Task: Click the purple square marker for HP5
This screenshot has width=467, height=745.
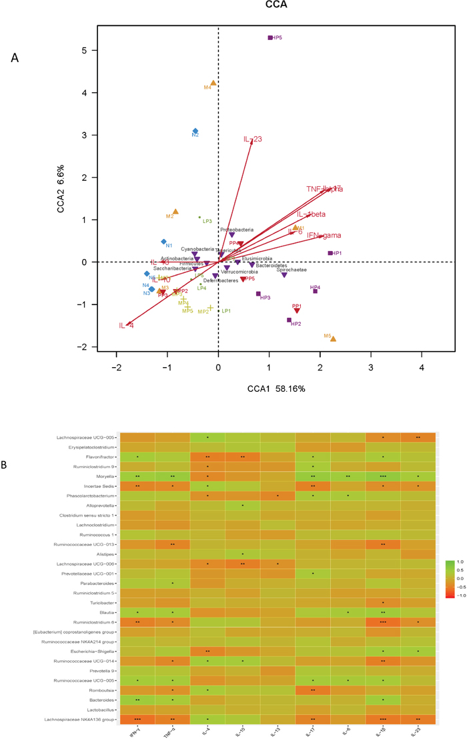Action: tap(270, 38)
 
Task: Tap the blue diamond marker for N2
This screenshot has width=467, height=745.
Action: tap(195, 131)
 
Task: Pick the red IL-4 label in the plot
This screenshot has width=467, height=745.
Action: tap(127, 326)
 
